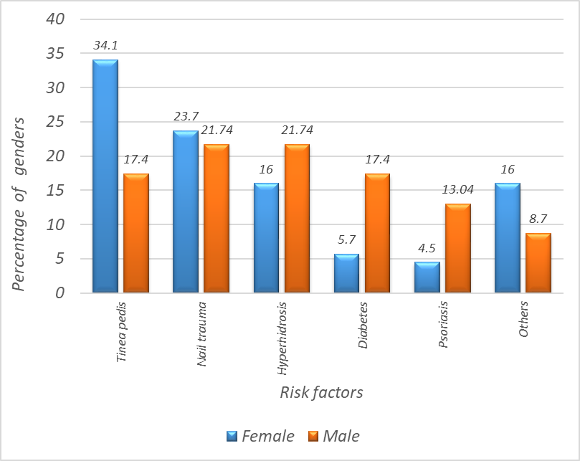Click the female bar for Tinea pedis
(105, 176)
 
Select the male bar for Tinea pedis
(136, 233)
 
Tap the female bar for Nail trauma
(185, 212)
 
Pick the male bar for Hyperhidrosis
(297, 219)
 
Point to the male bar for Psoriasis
(457, 248)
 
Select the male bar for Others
(538, 263)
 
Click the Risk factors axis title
(321, 393)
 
